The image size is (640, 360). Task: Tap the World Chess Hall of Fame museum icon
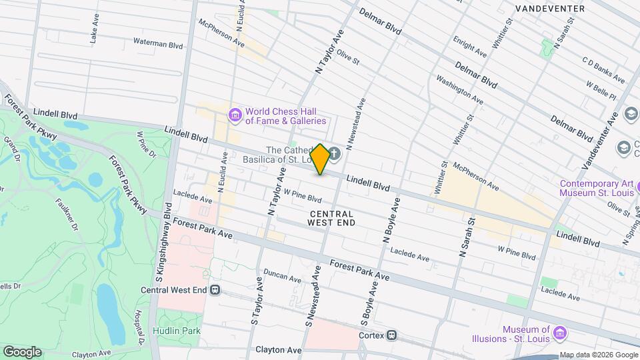coord(234,116)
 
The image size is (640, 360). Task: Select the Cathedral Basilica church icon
coord(334,155)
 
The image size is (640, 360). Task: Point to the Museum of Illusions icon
coord(559,332)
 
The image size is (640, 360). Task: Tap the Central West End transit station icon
coord(215,290)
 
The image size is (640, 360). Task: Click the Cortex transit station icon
coord(393,335)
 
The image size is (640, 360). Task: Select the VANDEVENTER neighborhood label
coord(550,9)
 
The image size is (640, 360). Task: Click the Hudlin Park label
coord(177,331)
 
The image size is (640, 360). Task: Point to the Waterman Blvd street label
coord(158,45)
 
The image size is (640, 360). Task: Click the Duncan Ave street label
coord(283,273)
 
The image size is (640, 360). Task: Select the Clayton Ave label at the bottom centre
coord(279,350)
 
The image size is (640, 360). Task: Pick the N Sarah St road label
coord(467,237)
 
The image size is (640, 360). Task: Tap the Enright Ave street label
coord(470,46)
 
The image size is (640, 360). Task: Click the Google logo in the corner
coord(22,351)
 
